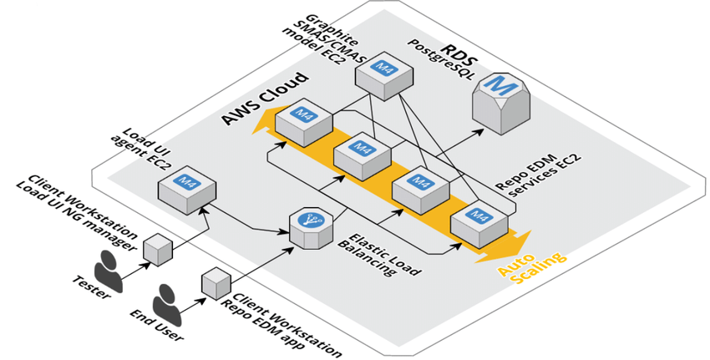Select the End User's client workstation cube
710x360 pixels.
215,283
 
